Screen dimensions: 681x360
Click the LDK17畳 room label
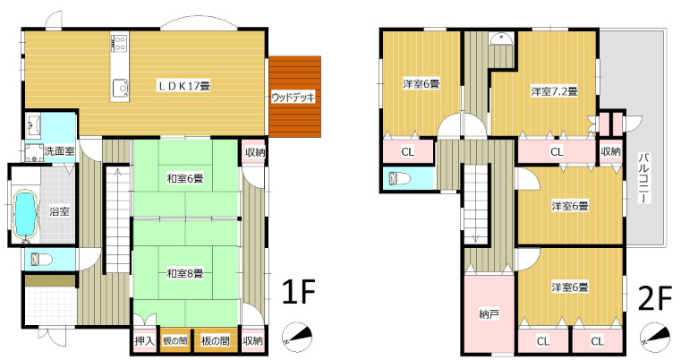[x=183, y=86]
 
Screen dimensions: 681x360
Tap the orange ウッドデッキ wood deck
[x=295, y=97]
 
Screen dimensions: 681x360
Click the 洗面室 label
[x=59, y=151]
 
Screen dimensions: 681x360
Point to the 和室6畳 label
[x=185, y=178]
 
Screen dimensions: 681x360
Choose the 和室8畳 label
[x=185, y=273]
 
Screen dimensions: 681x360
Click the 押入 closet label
[x=144, y=341]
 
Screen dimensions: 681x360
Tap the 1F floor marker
[x=298, y=291]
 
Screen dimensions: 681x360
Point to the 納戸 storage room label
[x=489, y=314]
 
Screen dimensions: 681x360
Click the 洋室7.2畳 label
[x=554, y=91]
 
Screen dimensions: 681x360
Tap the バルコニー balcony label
[x=644, y=178]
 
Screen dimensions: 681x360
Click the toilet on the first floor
[x=41, y=260]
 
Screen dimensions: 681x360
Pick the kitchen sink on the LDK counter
[x=121, y=87]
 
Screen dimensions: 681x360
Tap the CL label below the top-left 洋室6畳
[x=408, y=151]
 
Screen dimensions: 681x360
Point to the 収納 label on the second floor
[x=611, y=151]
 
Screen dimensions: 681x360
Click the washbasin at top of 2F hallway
[x=501, y=39]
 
